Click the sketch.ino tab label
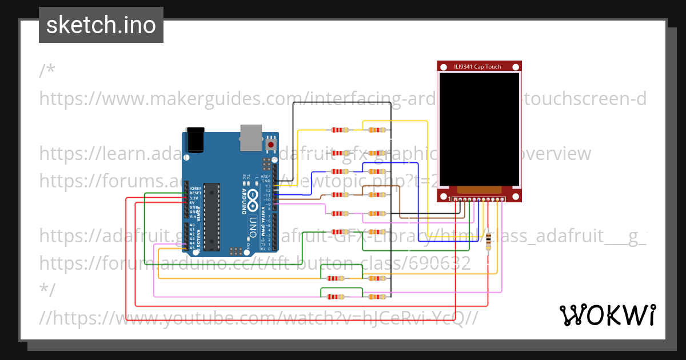tap(101, 25)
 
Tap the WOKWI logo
tap(607, 315)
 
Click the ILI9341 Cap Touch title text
tap(477, 67)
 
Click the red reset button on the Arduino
tap(270, 145)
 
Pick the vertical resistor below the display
tap(488, 242)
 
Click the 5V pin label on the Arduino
tap(193, 202)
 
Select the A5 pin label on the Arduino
tap(192, 247)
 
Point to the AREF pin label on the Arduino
tap(266, 177)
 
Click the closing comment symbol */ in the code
tap(47, 290)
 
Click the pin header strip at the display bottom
tap(479, 199)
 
